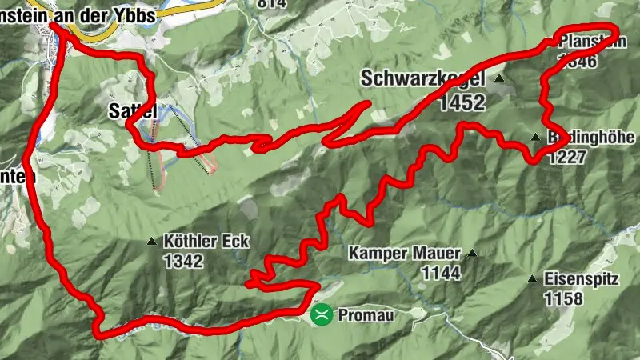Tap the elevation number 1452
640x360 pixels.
[x=462, y=102]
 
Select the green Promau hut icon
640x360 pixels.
[x=321, y=314]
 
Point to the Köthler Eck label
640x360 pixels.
[x=206, y=240]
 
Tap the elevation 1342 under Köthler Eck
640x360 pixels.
[x=183, y=261]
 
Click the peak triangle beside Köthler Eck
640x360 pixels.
[x=152, y=240]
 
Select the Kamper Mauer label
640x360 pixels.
[x=405, y=254]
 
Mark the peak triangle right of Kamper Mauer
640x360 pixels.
[x=472, y=254]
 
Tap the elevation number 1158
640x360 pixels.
[x=562, y=299]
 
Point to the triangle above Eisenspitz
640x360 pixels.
[x=532, y=279]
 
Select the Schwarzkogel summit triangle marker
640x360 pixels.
[x=499, y=78]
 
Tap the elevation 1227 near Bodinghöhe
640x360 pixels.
[x=566, y=158]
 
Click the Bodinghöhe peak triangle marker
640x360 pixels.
[x=535, y=137]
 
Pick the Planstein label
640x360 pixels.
[x=590, y=42]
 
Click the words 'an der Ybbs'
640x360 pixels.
[x=116, y=9]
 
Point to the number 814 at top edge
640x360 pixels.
[x=271, y=3]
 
